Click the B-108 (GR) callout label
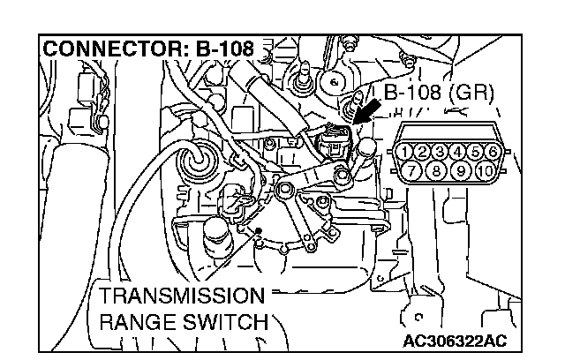pos(438,92)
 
